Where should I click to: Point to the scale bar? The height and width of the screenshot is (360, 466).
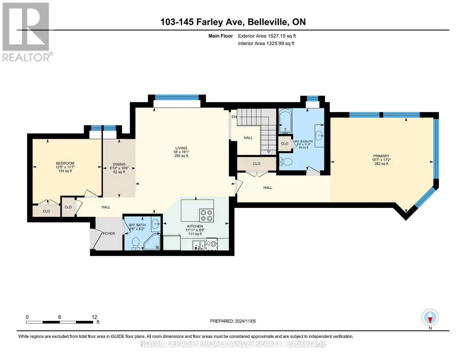pos(60,322)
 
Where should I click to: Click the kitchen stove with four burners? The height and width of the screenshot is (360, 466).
pos(206,215)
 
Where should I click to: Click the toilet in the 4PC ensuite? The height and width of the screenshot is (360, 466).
pos(286,162)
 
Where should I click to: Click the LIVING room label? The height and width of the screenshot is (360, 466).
pos(181,148)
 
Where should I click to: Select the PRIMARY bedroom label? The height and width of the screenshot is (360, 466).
pos(381,156)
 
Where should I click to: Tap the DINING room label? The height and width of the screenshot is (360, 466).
pos(119,164)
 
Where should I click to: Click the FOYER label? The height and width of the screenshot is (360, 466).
pos(109,233)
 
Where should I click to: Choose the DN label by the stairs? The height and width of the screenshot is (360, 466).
pos(234,117)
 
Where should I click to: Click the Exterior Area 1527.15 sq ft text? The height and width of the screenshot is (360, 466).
pos(267,36)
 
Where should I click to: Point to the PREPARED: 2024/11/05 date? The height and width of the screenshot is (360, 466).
pos(233,321)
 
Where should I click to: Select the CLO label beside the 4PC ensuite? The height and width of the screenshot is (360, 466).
pos(284,144)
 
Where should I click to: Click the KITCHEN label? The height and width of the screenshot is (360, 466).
pos(195,226)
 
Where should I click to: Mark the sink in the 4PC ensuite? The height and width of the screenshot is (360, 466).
pos(320,136)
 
